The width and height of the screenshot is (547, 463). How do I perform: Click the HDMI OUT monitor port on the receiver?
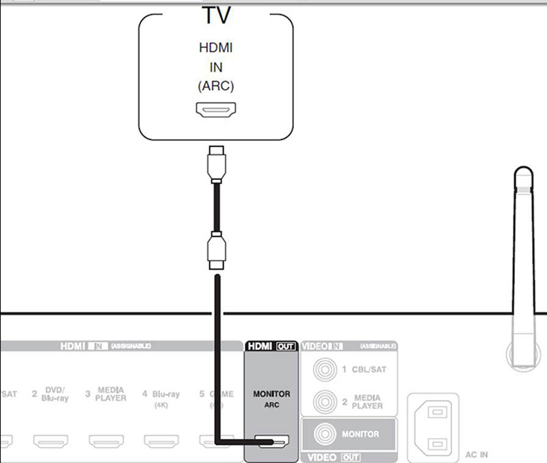pos(271,441)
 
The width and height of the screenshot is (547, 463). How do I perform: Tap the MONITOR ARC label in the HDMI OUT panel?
pos(271,398)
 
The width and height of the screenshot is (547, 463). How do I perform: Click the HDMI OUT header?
pos(271,346)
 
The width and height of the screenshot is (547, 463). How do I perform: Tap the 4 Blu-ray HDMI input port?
pos(162,440)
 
